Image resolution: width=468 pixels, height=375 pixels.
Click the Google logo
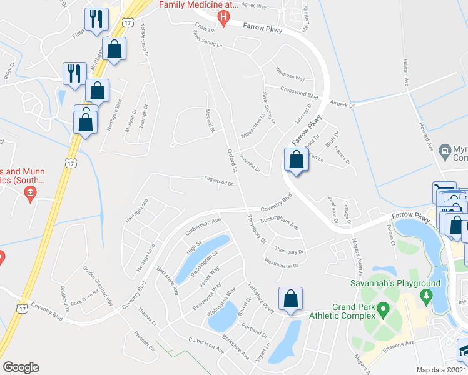point(21,367)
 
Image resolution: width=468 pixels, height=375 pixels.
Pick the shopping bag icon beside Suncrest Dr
point(296,160)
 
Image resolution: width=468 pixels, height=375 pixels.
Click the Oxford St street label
point(233,161)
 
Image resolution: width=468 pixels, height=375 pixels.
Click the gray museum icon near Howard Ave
point(445,150)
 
